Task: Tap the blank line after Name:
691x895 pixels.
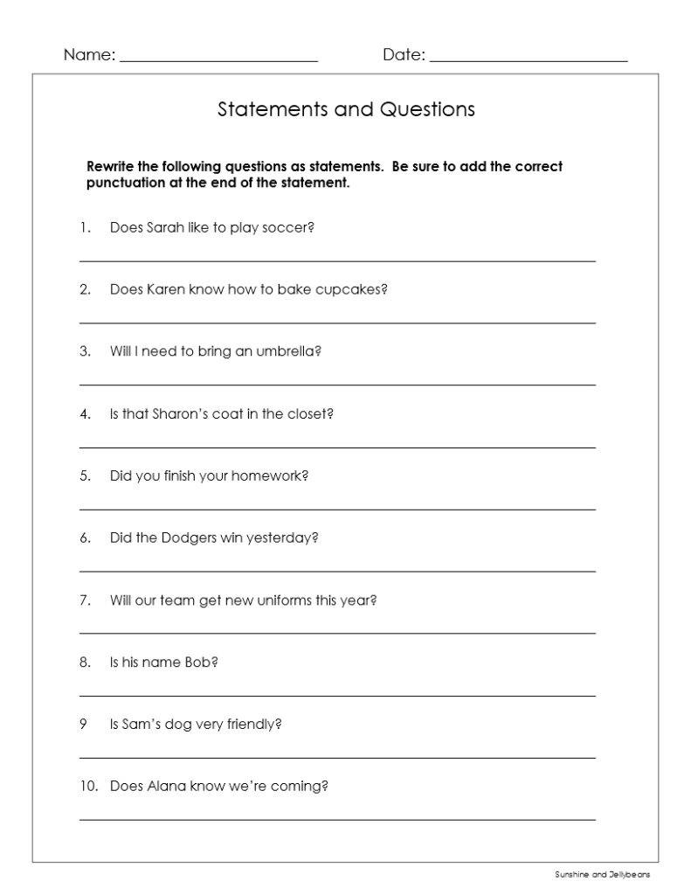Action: point(218,59)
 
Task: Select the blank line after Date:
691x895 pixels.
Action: point(529,59)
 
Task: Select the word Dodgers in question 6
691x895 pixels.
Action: point(188,538)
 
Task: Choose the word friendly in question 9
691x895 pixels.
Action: point(253,725)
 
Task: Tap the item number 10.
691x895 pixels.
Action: point(87,786)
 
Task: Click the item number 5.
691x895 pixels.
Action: point(85,476)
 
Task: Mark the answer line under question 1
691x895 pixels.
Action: point(337,260)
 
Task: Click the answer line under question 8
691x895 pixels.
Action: point(337,695)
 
